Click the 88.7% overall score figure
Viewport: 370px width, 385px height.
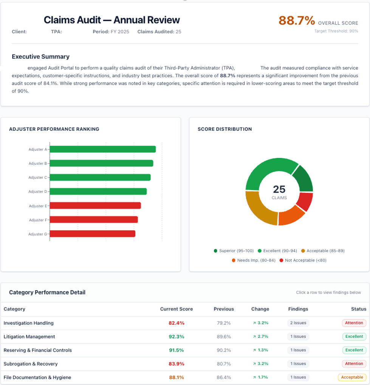(x=297, y=21)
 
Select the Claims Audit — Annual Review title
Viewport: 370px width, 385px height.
(x=111, y=20)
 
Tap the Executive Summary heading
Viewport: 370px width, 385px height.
(x=40, y=57)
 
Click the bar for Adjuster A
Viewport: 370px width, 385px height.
(x=102, y=149)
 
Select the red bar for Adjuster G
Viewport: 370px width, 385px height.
(x=92, y=234)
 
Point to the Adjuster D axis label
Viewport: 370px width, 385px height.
(x=37, y=192)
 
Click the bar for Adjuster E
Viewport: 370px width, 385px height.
(x=95, y=206)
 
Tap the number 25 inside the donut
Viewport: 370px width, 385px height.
(x=279, y=189)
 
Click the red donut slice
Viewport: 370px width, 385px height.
(x=305, y=201)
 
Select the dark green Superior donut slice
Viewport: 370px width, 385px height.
(x=304, y=178)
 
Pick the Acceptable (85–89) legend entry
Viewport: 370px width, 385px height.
(x=323, y=251)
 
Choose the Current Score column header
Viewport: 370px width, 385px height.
(x=176, y=309)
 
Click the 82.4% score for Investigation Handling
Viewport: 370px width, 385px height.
(x=176, y=323)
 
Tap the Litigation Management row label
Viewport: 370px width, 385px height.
(x=29, y=337)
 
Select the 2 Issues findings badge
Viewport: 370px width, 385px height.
(x=298, y=323)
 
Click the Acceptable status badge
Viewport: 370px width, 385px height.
(x=352, y=377)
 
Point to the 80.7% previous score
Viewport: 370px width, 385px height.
(x=223, y=364)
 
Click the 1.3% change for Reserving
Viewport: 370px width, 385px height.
(x=260, y=350)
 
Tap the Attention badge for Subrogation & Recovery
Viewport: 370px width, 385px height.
(x=354, y=363)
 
